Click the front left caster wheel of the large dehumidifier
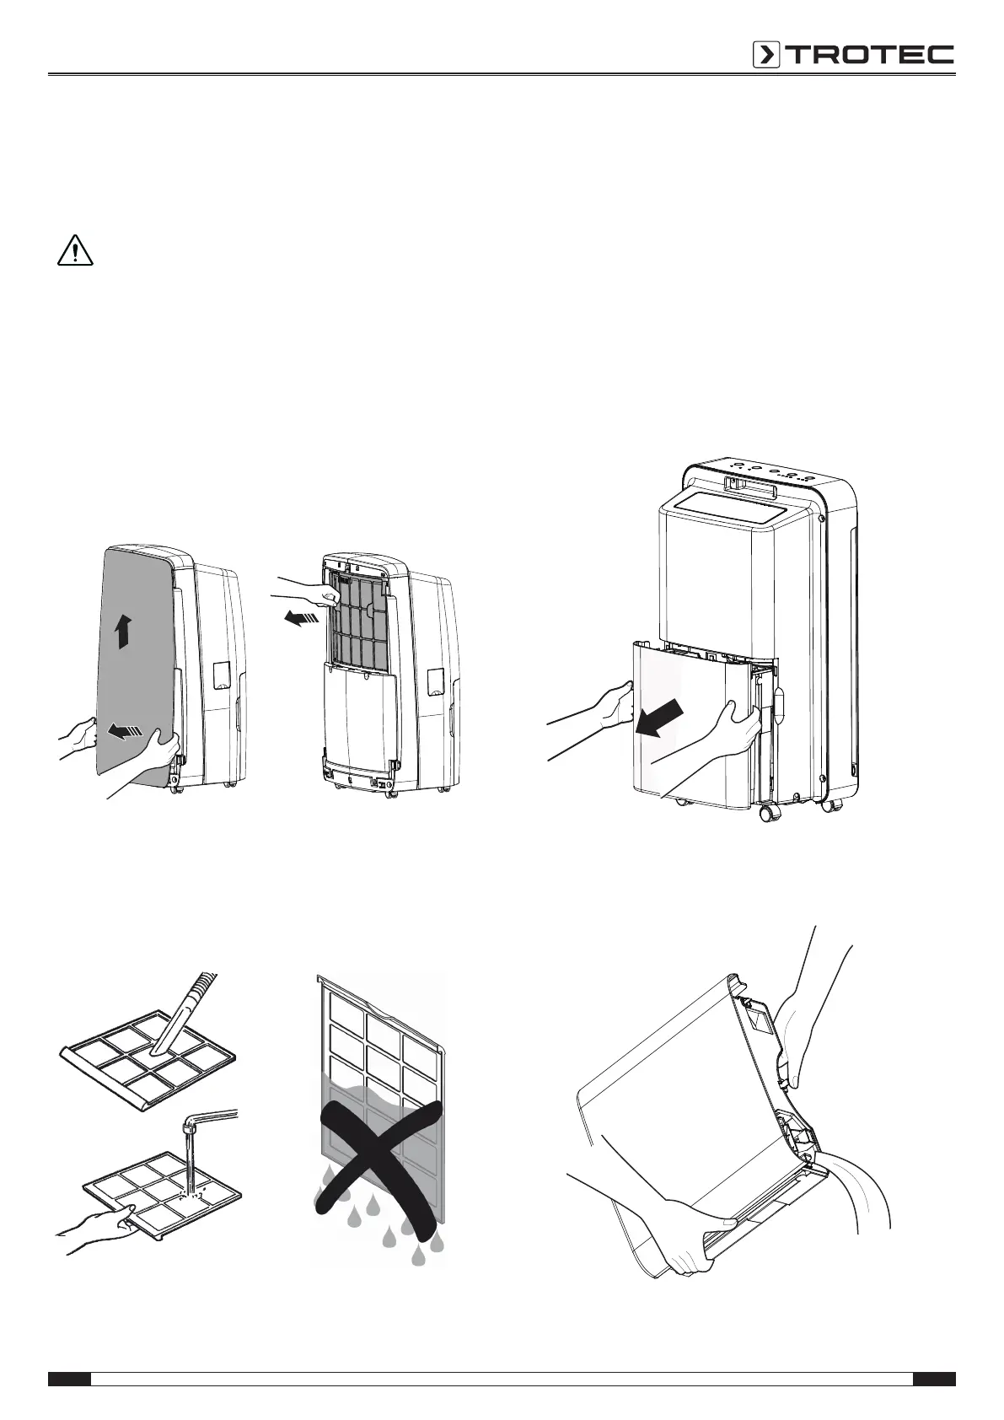coord(768,813)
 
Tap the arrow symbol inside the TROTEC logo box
coord(766,55)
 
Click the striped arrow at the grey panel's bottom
coord(126,732)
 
